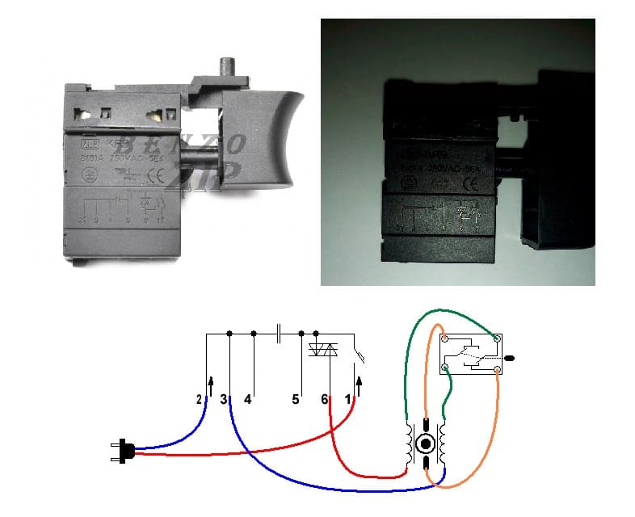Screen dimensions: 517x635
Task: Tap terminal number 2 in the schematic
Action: point(199,399)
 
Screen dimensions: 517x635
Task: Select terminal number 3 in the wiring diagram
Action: point(225,399)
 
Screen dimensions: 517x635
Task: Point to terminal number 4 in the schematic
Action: point(248,399)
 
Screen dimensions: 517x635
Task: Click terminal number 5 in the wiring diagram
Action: point(296,399)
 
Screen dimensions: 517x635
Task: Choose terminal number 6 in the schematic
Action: point(325,399)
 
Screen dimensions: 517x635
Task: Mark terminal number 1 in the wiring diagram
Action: point(348,399)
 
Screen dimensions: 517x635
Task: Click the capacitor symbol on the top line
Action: point(278,333)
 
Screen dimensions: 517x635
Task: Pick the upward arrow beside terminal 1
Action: point(360,376)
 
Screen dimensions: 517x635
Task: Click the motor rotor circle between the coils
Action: point(426,444)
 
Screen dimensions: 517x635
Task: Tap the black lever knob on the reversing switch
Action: point(510,355)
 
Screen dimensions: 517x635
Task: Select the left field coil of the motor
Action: point(409,444)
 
